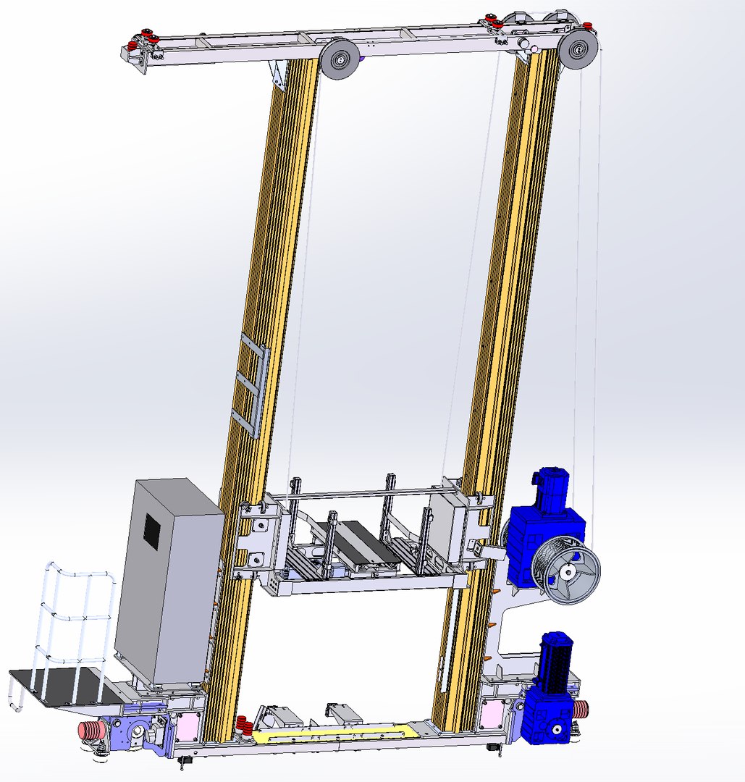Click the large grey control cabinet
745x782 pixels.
point(168,579)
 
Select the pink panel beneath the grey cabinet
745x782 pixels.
point(187,725)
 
